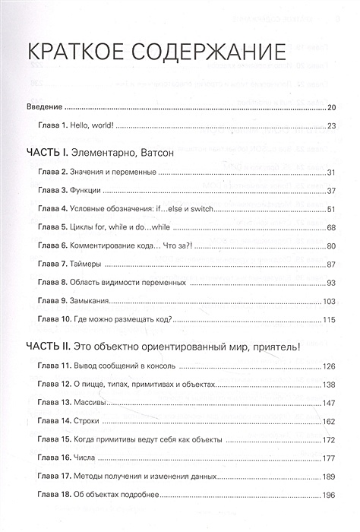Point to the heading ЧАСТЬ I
[47, 152]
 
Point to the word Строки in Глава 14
[93, 421]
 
